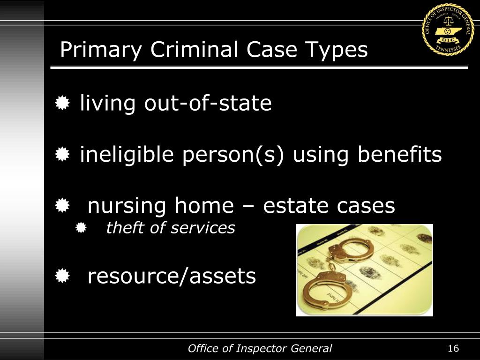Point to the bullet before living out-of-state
click(62, 103)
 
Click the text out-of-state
click(208, 103)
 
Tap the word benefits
click(400, 154)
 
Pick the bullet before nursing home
click(62, 206)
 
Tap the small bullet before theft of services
click(81, 228)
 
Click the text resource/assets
click(172, 276)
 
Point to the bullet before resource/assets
click(62, 277)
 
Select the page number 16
click(453, 348)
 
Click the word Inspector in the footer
click(260, 348)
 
